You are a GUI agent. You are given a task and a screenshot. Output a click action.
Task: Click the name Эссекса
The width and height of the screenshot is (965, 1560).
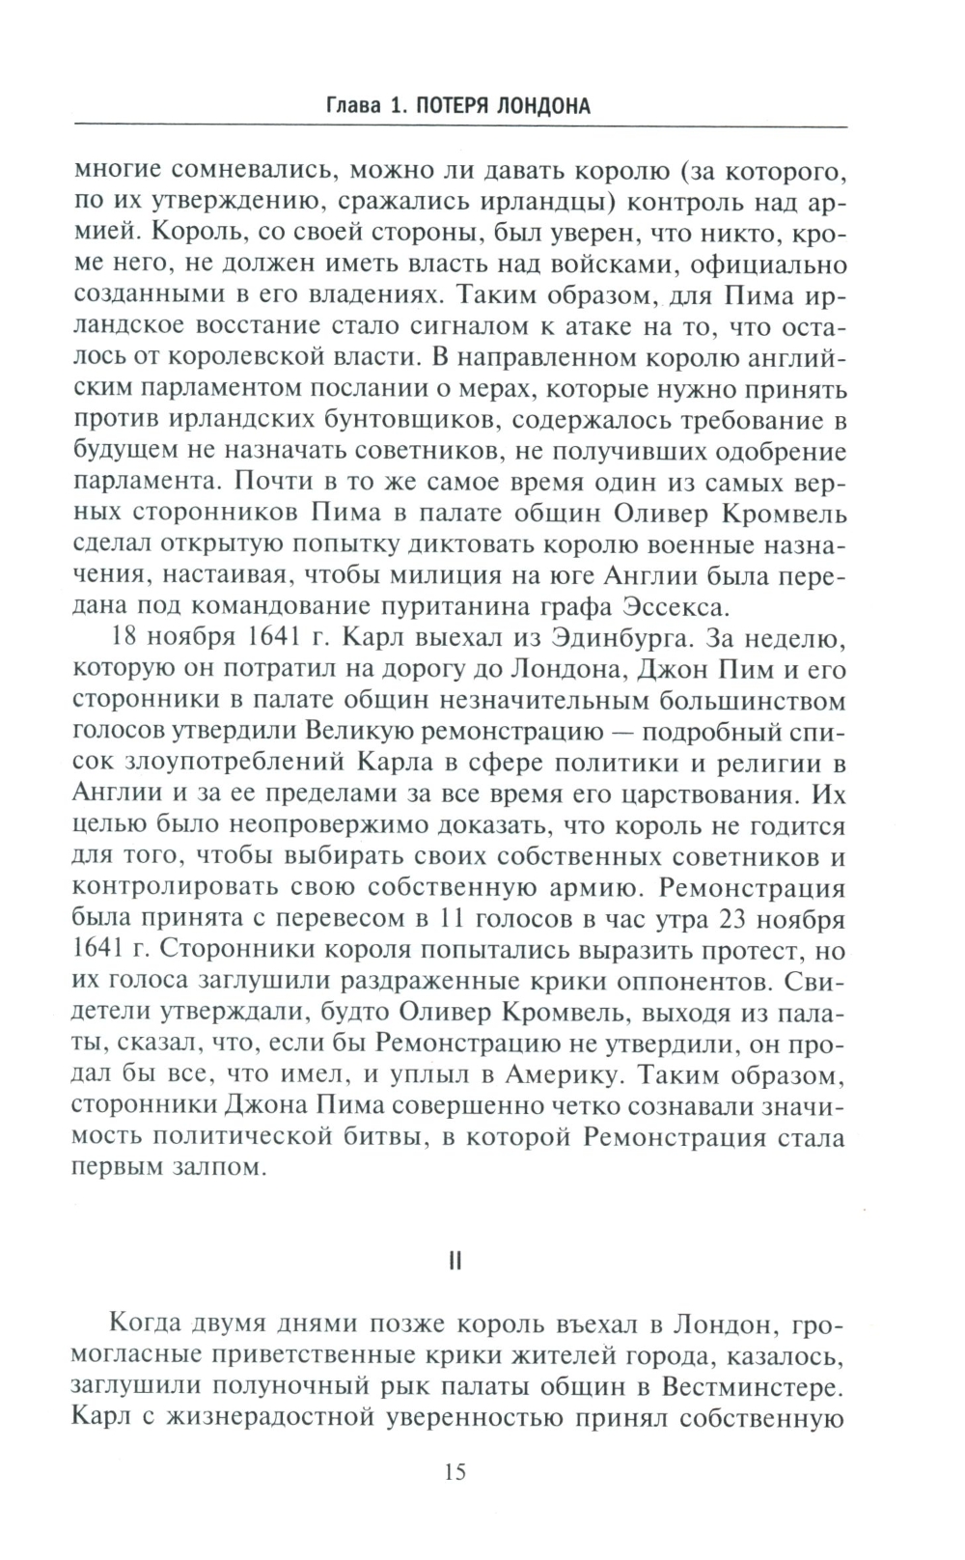pyautogui.click(x=685, y=606)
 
